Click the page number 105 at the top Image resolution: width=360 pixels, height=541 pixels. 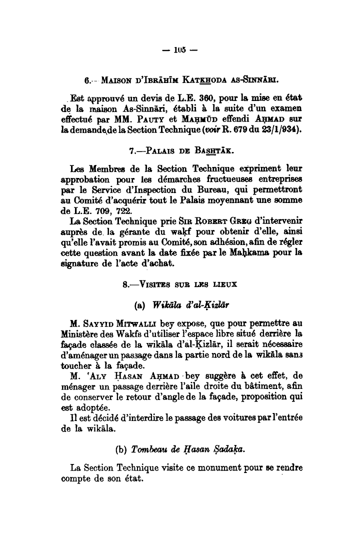(x=180, y=50)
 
